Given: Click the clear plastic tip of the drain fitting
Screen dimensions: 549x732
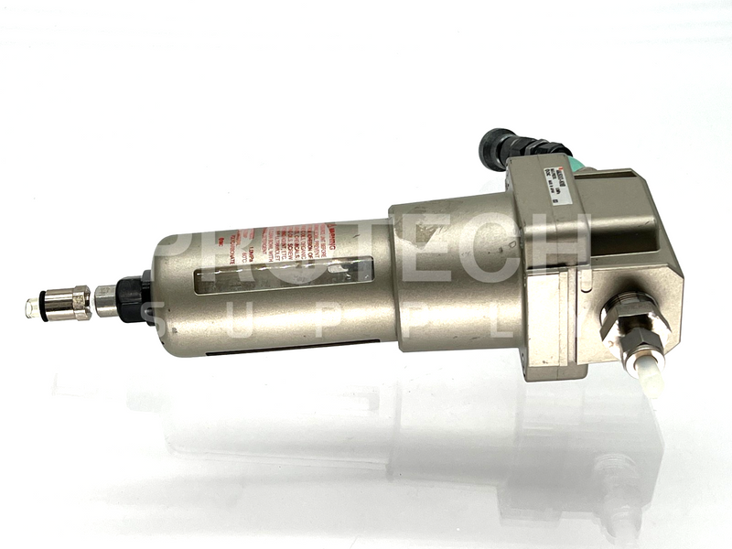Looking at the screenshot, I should (33, 308).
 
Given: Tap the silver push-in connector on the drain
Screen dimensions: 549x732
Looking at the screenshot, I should (69, 303).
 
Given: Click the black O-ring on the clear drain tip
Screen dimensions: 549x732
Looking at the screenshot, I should (41, 308).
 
